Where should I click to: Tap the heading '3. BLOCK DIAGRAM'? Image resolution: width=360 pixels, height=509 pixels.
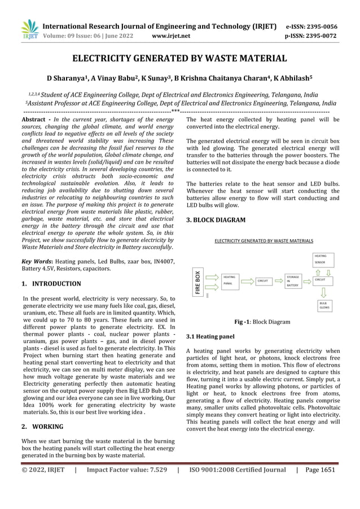tap(216, 220)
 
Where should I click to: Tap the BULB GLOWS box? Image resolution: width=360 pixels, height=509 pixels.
tap(324, 305)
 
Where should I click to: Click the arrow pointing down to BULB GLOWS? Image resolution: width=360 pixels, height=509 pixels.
tap(324, 292)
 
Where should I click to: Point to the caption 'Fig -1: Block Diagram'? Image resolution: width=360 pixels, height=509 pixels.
tap(262, 322)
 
